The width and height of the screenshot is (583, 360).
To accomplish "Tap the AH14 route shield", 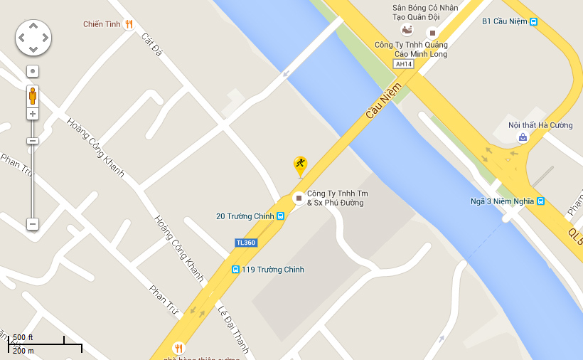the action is (403, 64).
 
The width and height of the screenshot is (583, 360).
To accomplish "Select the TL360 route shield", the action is (245, 243).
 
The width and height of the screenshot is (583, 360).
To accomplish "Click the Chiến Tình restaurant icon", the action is (129, 24).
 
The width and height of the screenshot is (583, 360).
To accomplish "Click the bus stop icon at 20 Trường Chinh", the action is (281, 216).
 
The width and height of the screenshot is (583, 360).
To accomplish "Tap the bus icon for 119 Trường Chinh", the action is (235, 270).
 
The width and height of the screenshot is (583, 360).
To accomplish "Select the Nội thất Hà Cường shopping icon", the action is (523, 137).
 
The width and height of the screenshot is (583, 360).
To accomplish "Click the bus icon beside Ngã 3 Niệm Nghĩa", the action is (541, 201).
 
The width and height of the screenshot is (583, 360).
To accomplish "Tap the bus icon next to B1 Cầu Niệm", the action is (533, 21).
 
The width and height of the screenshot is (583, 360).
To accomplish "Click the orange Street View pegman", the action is (33, 95).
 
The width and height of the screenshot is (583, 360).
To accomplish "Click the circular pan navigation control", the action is (33, 37).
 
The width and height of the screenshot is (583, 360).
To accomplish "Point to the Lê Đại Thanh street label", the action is (233, 330).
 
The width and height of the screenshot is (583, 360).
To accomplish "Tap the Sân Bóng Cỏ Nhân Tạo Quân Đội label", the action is (425, 13).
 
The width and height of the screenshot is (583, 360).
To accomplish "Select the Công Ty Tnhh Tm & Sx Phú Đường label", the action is (338, 198).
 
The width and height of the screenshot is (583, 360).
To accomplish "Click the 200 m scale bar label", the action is (23, 351).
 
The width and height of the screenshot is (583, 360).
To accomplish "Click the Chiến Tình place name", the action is (102, 24).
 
